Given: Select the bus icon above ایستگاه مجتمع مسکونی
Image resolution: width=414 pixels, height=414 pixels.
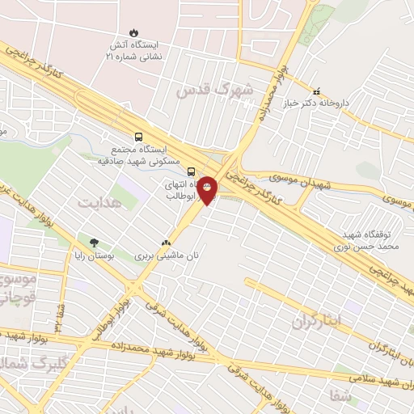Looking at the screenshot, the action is (139, 137).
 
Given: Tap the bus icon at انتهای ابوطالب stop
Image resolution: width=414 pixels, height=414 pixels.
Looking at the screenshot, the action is (192, 171).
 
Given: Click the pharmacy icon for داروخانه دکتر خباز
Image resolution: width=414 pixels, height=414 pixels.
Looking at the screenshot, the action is (316, 91).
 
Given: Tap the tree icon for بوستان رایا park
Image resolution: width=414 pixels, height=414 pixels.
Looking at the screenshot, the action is (94, 242).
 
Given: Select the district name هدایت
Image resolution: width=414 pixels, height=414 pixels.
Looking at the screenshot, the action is (99, 202).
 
